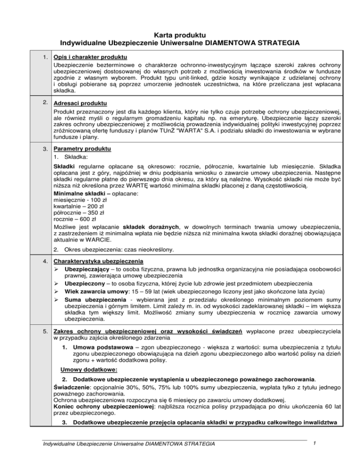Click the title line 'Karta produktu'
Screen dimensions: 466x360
pyautogui.click(x=180, y=34)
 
